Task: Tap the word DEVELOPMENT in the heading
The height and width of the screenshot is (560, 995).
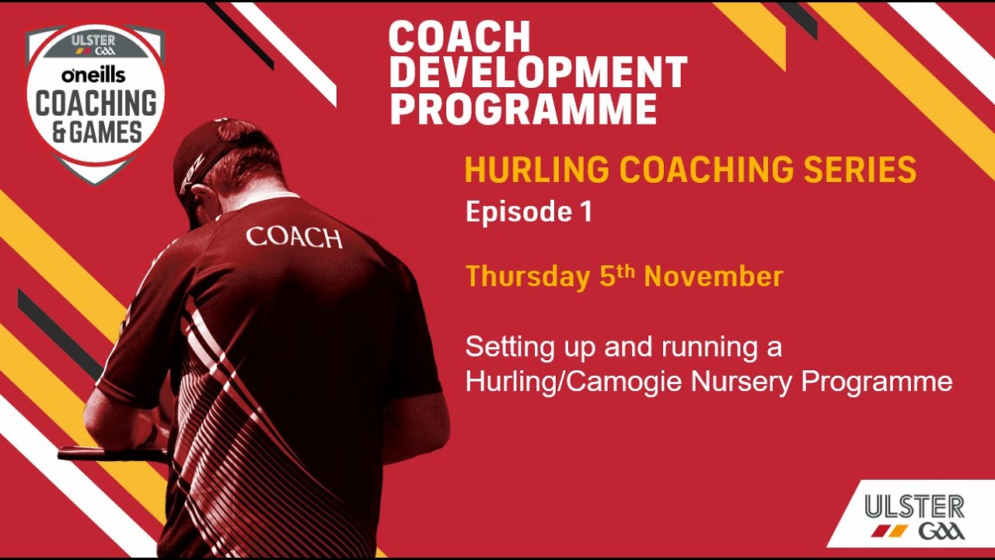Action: point(538,72)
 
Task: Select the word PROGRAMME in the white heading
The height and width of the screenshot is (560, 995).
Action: point(523,108)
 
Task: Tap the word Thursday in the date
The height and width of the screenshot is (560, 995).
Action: point(528,278)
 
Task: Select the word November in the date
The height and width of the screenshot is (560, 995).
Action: point(714,276)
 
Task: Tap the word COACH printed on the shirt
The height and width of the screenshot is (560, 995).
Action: point(294,238)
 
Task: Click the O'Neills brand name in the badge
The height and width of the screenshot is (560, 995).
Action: point(93,75)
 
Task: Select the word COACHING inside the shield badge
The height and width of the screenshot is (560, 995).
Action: point(96,103)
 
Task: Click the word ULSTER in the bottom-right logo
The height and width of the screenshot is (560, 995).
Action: point(915,508)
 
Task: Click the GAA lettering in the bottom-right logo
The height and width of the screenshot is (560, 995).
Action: point(941,531)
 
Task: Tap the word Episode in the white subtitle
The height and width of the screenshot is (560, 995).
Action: point(518,212)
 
